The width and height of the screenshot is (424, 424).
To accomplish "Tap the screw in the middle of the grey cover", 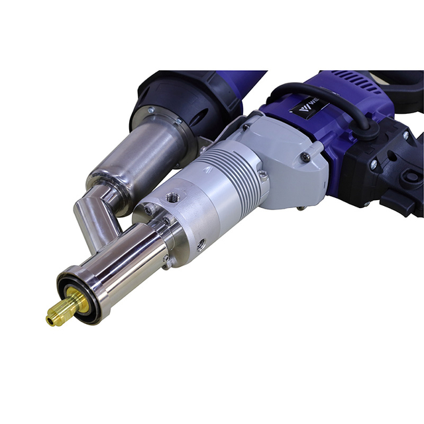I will coord(305,158).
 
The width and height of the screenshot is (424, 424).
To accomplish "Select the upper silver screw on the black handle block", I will coord(406,135).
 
